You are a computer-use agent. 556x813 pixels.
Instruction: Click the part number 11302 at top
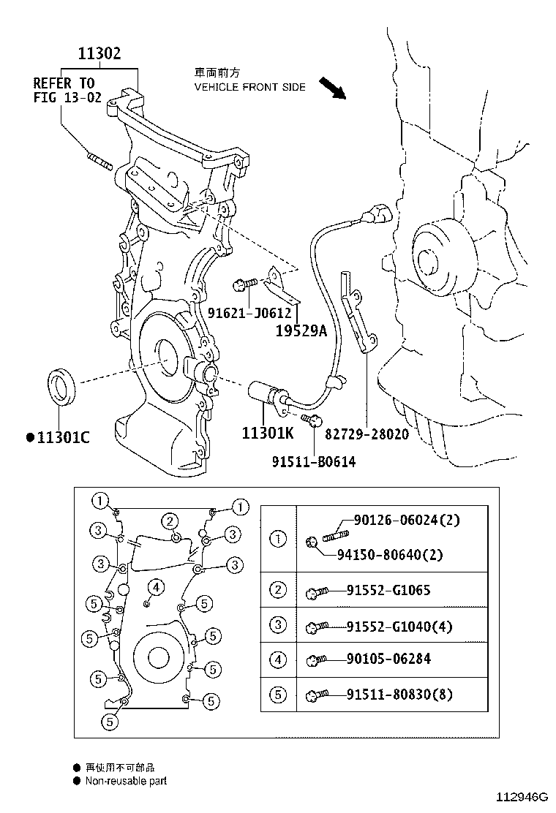click(99, 53)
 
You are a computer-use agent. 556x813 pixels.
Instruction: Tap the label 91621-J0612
click(249, 313)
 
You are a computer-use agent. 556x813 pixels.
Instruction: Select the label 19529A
click(301, 330)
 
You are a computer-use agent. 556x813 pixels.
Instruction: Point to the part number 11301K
click(268, 432)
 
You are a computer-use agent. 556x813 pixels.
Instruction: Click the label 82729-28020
click(367, 434)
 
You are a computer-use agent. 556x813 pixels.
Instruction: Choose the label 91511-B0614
click(314, 461)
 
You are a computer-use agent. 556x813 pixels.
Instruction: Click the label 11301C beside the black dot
click(63, 438)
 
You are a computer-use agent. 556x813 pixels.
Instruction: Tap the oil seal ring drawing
click(61, 386)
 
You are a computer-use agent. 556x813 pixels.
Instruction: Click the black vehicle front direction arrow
click(332, 88)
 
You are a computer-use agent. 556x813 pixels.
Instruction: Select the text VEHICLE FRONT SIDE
click(250, 87)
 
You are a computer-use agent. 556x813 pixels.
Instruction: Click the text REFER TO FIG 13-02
click(67, 90)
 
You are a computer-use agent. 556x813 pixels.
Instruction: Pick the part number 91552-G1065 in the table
click(388, 590)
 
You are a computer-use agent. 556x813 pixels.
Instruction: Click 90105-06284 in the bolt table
click(388, 659)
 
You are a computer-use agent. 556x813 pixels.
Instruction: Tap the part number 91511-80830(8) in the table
click(399, 694)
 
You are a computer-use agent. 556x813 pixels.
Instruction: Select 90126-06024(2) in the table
click(407, 520)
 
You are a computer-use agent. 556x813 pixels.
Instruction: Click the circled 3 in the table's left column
click(278, 625)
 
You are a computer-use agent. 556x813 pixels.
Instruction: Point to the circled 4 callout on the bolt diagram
click(156, 588)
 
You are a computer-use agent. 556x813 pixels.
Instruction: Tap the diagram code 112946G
click(522, 797)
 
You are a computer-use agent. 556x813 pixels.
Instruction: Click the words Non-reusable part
click(126, 781)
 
